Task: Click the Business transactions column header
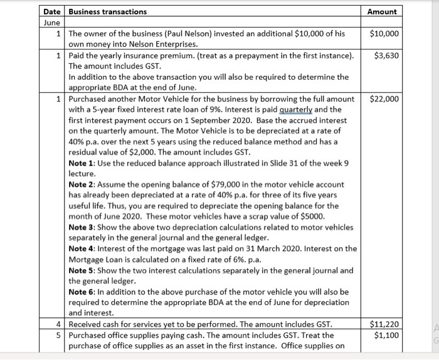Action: click(x=107, y=12)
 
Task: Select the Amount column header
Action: click(x=383, y=12)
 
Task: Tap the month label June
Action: click(x=51, y=22)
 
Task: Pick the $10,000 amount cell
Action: click(x=384, y=33)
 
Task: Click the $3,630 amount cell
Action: click(x=386, y=56)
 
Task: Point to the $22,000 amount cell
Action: click(x=384, y=99)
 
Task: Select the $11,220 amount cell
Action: click(x=384, y=324)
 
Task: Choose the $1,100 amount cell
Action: click(x=386, y=335)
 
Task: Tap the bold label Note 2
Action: click(x=82, y=184)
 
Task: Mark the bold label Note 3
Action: click(x=82, y=227)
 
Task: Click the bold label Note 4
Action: click(x=82, y=248)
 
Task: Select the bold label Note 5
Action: click(x=82, y=270)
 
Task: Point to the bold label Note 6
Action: click(x=82, y=292)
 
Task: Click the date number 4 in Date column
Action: click(x=58, y=324)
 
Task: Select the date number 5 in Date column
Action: click(x=58, y=335)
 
